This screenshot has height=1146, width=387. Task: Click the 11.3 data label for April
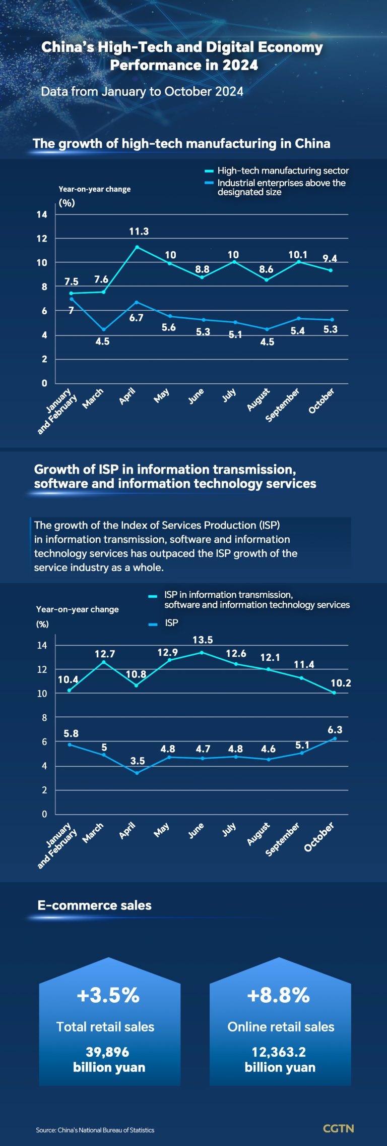(139, 232)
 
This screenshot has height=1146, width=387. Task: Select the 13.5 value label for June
(203, 640)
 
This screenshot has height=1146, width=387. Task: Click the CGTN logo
(338, 1128)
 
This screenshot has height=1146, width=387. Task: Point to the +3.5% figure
(108, 995)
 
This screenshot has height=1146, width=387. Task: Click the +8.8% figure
(279, 995)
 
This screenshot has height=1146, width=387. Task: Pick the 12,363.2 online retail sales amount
(279, 1052)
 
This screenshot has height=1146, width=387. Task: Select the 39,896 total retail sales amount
(107, 1052)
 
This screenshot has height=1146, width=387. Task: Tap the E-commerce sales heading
(94, 905)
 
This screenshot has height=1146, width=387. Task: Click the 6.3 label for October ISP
(335, 730)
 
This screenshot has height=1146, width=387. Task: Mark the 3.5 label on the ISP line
(138, 761)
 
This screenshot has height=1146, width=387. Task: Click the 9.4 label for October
(330, 258)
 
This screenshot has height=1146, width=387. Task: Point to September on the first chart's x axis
(283, 405)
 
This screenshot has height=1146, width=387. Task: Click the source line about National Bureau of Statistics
(95, 1130)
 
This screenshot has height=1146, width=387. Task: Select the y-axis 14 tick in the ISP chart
(42, 645)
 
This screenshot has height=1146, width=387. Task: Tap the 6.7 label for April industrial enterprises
(136, 318)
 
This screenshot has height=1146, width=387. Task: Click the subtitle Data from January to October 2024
(142, 91)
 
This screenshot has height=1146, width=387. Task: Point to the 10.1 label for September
(298, 255)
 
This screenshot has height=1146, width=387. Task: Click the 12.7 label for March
(105, 654)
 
